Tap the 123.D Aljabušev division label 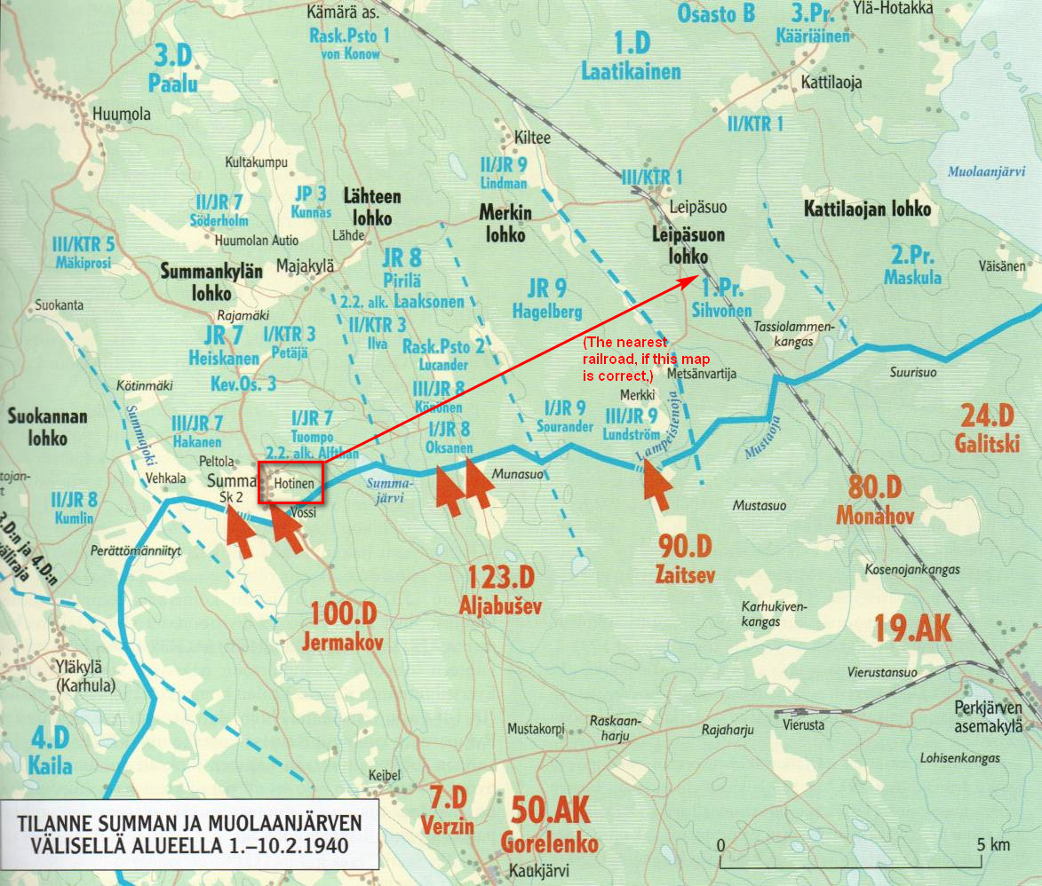tap(501, 591)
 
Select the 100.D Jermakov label tap(346, 627)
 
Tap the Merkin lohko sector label tap(502, 224)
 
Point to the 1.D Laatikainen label tap(631, 56)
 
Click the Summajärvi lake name tap(390, 491)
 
